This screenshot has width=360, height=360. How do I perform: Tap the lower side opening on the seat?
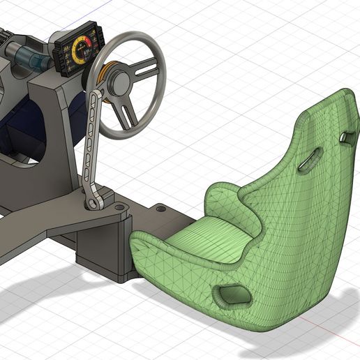pyautogui.click(x=232, y=295)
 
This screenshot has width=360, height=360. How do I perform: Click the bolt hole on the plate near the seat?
pyautogui.click(x=161, y=208)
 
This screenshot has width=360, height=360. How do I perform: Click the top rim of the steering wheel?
pyautogui.click(x=133, y=36)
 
